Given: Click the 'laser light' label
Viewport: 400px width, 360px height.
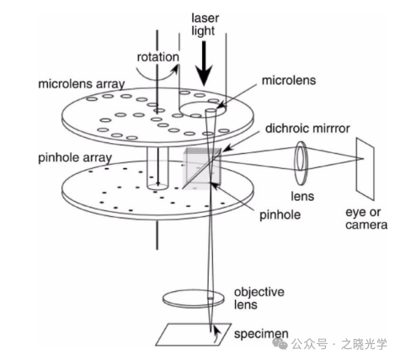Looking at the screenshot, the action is tap(205, 24).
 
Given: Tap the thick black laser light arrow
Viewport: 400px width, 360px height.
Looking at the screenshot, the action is tap(204, 64).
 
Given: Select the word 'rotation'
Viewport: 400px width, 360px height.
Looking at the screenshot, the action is tap(158, 57).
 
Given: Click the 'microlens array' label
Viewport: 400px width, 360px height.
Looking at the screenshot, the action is tap(82, 84).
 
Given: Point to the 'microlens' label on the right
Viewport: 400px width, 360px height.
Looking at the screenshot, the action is tap(289, 81).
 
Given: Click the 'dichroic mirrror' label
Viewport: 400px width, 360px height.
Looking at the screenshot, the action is tap(307, 129).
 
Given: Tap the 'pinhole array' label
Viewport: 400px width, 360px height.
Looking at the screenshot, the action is tap(75, 158).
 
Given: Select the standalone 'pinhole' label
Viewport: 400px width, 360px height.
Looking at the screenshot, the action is tap(280, 215).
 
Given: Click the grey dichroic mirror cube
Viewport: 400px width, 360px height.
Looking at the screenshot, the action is tap(202, 169).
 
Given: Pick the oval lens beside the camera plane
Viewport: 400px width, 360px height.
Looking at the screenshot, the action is tap(301, 163).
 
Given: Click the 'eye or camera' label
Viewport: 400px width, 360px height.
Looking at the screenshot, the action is tap(366, 219).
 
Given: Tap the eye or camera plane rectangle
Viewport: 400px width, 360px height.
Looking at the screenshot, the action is tap(365, 169).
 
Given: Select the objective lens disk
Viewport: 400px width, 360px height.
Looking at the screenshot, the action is tap(194, 299).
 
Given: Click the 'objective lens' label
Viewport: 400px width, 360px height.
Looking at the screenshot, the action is tap(259, 299).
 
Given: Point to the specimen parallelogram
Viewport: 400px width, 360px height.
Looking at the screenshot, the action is tap(193, 335).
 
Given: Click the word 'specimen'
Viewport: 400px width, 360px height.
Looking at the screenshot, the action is tap(261, 334).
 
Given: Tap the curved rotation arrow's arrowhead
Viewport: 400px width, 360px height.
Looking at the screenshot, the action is tap(176, 68).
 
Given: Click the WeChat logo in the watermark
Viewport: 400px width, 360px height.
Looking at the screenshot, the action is tap(280, 344).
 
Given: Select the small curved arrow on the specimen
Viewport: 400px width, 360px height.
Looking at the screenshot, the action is tap(216, 334).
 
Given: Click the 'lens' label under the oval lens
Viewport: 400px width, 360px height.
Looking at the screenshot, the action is tap(302, 196).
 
